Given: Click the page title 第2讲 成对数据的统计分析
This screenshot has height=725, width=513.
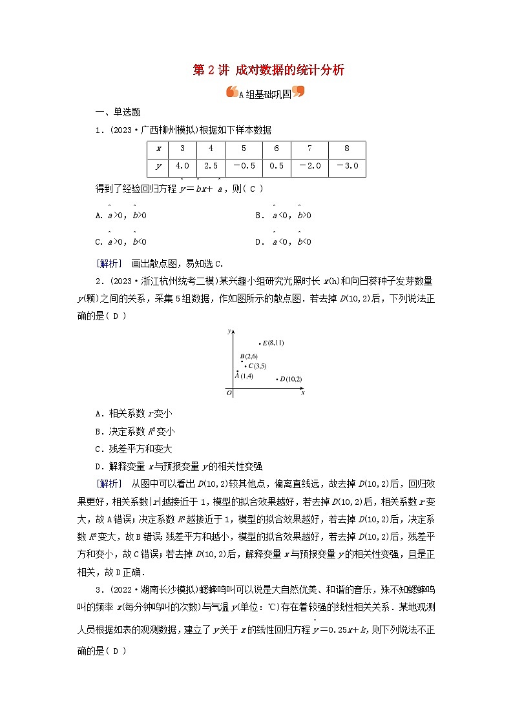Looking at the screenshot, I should click(x=269, y=70).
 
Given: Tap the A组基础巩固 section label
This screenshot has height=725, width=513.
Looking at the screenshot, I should click(x=265, y=93).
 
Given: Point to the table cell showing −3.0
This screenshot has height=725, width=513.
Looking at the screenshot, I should click(x=346, y=166).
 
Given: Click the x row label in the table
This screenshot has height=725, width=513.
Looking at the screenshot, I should click(x=158, y=148).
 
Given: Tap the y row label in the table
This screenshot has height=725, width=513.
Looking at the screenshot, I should click(x=158, y=166).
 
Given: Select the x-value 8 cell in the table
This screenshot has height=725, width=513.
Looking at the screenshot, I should click(x=346, y=148).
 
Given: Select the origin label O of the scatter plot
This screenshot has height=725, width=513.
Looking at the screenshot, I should click(x=228, y=392).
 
